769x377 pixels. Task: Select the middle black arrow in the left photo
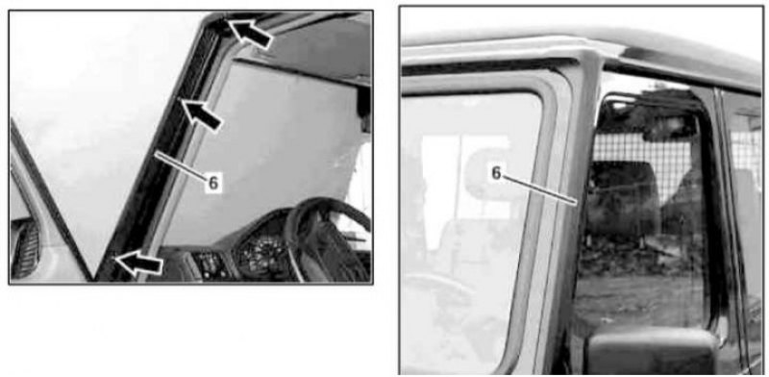[202, 113]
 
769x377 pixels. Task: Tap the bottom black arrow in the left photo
[139, 263]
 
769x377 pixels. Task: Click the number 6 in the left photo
[213, 183]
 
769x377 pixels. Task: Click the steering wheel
[328, 239]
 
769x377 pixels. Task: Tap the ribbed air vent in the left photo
[26, 248]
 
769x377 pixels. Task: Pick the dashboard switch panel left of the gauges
[209, 265]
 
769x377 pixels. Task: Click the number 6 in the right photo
[496, 173]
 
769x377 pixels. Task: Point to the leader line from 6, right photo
[540, 189]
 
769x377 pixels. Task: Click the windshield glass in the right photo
[471, 231]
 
